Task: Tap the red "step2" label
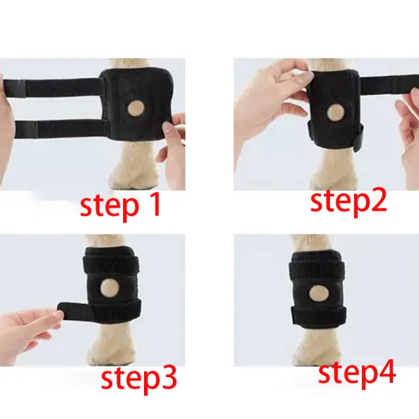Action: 348,202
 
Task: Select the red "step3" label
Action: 139,380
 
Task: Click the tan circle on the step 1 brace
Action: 136,109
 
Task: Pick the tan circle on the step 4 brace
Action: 318,293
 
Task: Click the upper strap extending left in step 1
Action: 52,87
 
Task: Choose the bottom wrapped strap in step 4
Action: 319,316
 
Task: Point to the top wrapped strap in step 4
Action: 317,268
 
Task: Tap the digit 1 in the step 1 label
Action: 155,205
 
